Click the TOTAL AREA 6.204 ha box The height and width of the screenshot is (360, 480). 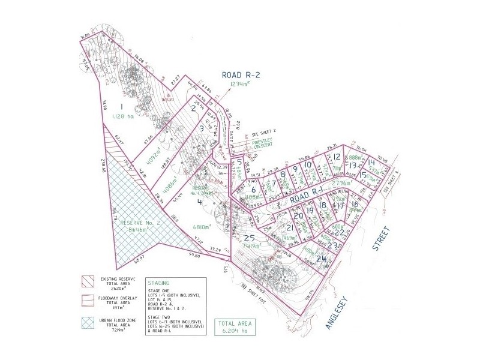click(235, 326)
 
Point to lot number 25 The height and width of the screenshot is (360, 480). click(248, 238)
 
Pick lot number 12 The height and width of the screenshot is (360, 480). click(337, 157)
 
